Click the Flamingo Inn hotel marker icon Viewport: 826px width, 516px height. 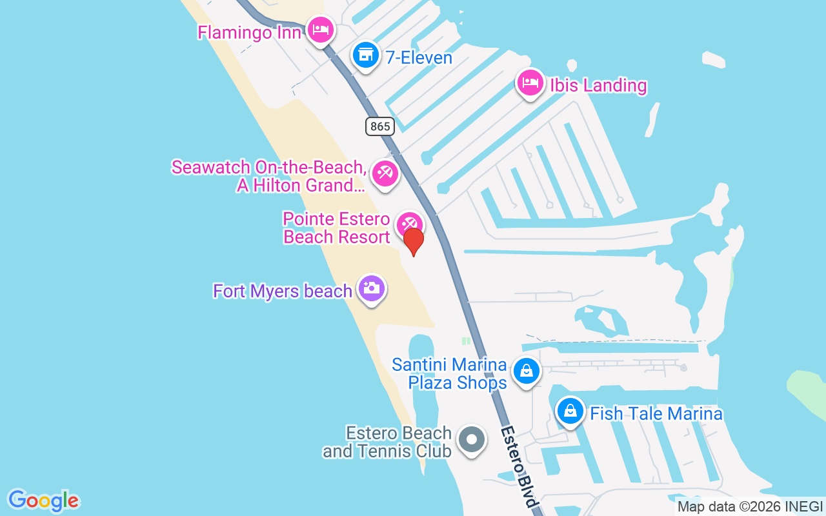click(x=320, y=30)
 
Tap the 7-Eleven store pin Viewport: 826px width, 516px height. click(x=366, y=55)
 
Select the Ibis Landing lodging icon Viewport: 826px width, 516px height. click(x=530, y=83)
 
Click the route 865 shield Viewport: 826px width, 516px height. click(x=379, y=126)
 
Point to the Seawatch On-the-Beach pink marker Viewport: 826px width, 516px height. click(x=385, y=173)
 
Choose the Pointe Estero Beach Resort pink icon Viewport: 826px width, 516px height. click(x=409, y=224)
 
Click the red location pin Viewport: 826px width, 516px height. click(x=413, y=242)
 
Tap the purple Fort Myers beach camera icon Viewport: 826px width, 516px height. click(x=371, y=288)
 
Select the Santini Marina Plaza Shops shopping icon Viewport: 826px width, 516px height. click(x=527, y=371)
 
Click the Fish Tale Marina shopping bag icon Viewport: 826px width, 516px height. click(x=570, y=410)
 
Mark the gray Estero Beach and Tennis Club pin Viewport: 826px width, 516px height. click(x=471, y=440)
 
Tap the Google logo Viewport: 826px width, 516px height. click(x=44, y=501)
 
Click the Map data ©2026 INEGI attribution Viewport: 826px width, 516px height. click(x=750, y=507)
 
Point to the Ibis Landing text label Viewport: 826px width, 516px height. click(x=598, y=85)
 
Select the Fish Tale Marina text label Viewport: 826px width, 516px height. click(x=656, y=413)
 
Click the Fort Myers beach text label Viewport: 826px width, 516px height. click(x=283, y=291)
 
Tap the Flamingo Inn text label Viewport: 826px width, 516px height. click(x=249, y=32)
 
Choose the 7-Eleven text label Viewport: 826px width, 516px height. click(x=419, y=57)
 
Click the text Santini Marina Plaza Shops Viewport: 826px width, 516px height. click(x=450, y=373)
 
